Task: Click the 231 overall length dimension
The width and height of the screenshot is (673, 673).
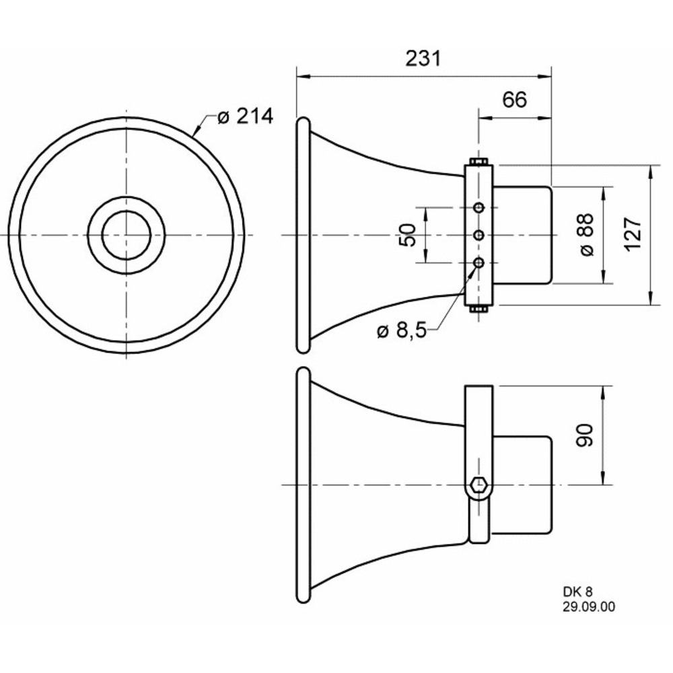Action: click(423, 59)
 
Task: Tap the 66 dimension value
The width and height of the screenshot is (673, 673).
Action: click(514, 100)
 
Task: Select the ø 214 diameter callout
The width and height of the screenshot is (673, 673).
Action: click(245, 116)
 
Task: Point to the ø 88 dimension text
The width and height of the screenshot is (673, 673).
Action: click(587, 234)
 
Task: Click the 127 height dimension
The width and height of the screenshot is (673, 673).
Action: click(633, 234)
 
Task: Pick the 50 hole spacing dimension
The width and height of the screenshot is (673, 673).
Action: click(408, 235)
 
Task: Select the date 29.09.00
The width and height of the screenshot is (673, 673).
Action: click(588, 607)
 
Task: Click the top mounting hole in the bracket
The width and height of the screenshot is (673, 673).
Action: click(479, 208)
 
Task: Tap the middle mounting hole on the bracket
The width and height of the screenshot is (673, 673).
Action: click(479, 235)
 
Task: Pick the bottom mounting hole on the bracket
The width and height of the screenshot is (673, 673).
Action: click(479, 262)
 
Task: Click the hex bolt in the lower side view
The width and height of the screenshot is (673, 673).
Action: click(478, 485)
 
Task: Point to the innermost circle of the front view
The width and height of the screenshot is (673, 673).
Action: click(127, 235)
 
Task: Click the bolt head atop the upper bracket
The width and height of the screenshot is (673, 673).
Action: click(479, 162)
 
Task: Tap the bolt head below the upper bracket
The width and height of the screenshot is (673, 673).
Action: click(479, 309)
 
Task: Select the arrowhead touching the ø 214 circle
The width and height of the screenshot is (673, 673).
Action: click(197, 131)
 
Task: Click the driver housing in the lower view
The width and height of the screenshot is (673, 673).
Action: click(522, 485)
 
